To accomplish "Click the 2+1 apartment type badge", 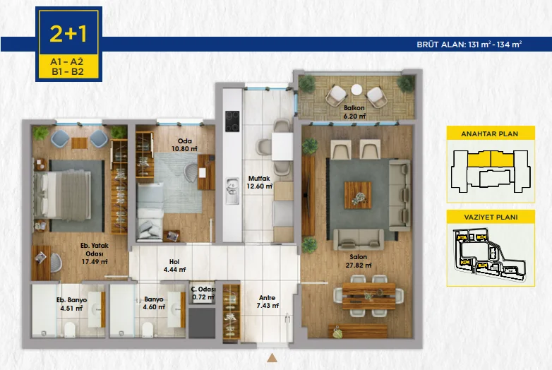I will (68, 32).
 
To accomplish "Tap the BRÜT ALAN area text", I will (469, 44).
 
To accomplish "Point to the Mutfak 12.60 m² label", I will (259, 182).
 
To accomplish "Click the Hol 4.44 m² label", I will (174, 265).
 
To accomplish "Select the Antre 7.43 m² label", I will (267, 302).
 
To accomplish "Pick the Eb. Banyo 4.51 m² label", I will (71, 304).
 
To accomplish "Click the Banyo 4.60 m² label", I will (153, 304).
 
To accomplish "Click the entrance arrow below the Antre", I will (271, 358).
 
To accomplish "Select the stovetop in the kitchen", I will (232, 121).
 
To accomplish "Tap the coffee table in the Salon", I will (357, 195).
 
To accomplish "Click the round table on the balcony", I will (356, 90).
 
